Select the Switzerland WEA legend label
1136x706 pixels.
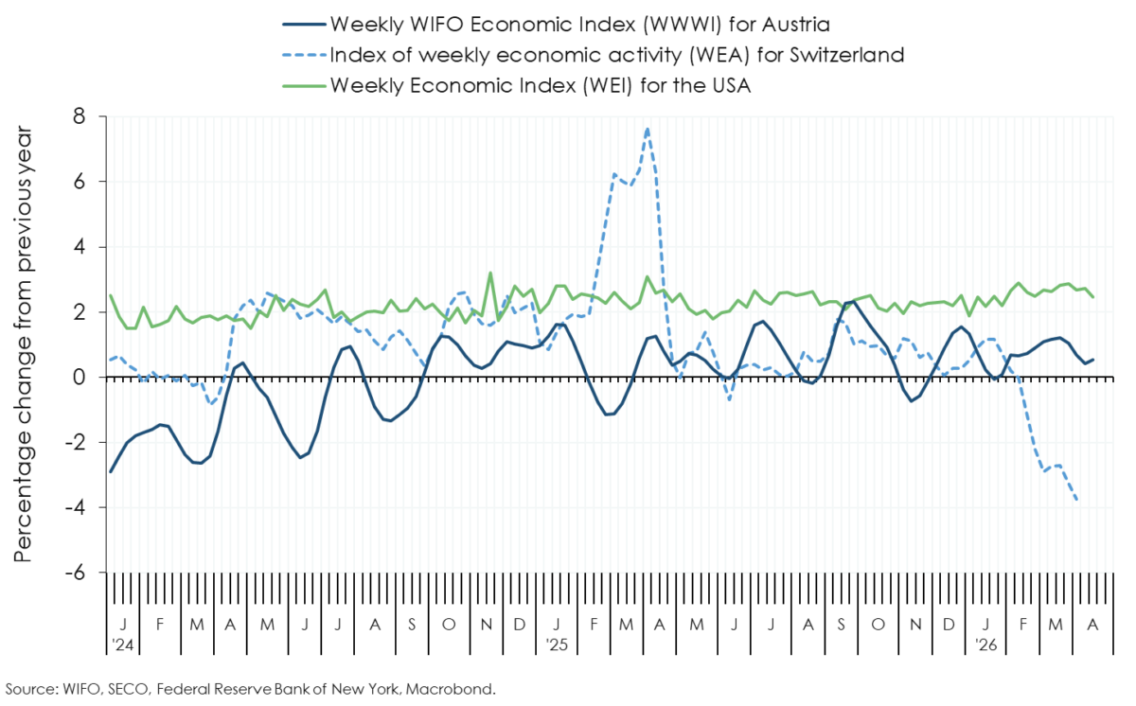[x=616, y=54]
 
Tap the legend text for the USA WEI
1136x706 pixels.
[x=540, y=85]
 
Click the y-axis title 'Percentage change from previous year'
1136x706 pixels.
[x=23, y=343]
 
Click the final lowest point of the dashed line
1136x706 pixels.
[x=1077, y=501]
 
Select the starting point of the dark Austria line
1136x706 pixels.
[x=111, y=472]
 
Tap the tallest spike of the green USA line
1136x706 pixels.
[x=490, y=274]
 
